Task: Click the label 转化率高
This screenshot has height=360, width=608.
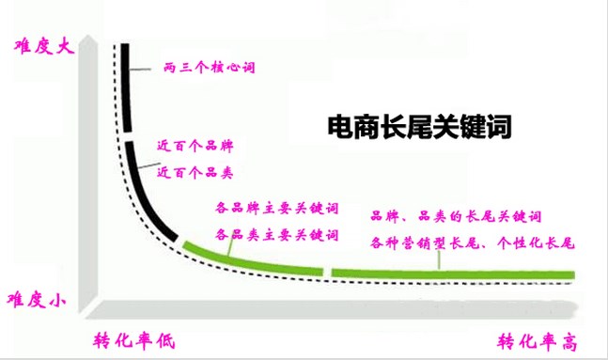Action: click(x=536, y=339)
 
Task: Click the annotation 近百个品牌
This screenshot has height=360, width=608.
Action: click(x=195, y=149)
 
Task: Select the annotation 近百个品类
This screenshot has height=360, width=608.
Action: click(x=195, y=172)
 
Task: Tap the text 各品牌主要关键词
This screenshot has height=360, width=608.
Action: click(x=275, y=208)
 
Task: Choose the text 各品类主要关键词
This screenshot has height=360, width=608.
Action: click(x=275, y=233)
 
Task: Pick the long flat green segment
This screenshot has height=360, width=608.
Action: click(x=451, y=273)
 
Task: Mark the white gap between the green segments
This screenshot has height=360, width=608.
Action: click(x=327, y=272)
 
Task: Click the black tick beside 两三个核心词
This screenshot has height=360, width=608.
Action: click(x=141, y=68)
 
